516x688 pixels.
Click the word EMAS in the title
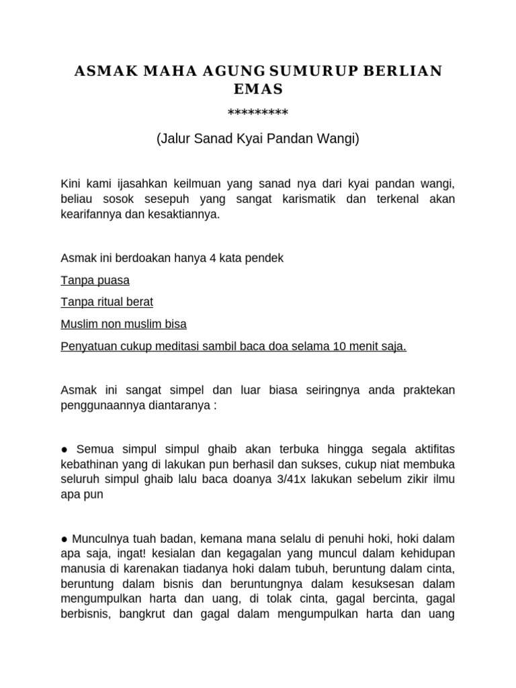point(258,89)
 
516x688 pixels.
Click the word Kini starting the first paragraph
point(71,183)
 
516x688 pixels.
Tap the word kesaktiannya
point(184,216)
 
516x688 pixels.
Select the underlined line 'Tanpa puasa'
point(95,280)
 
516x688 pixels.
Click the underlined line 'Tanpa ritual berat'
point(107,302)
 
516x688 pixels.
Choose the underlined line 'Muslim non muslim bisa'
point(124,324)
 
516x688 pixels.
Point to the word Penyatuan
point(88,345)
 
